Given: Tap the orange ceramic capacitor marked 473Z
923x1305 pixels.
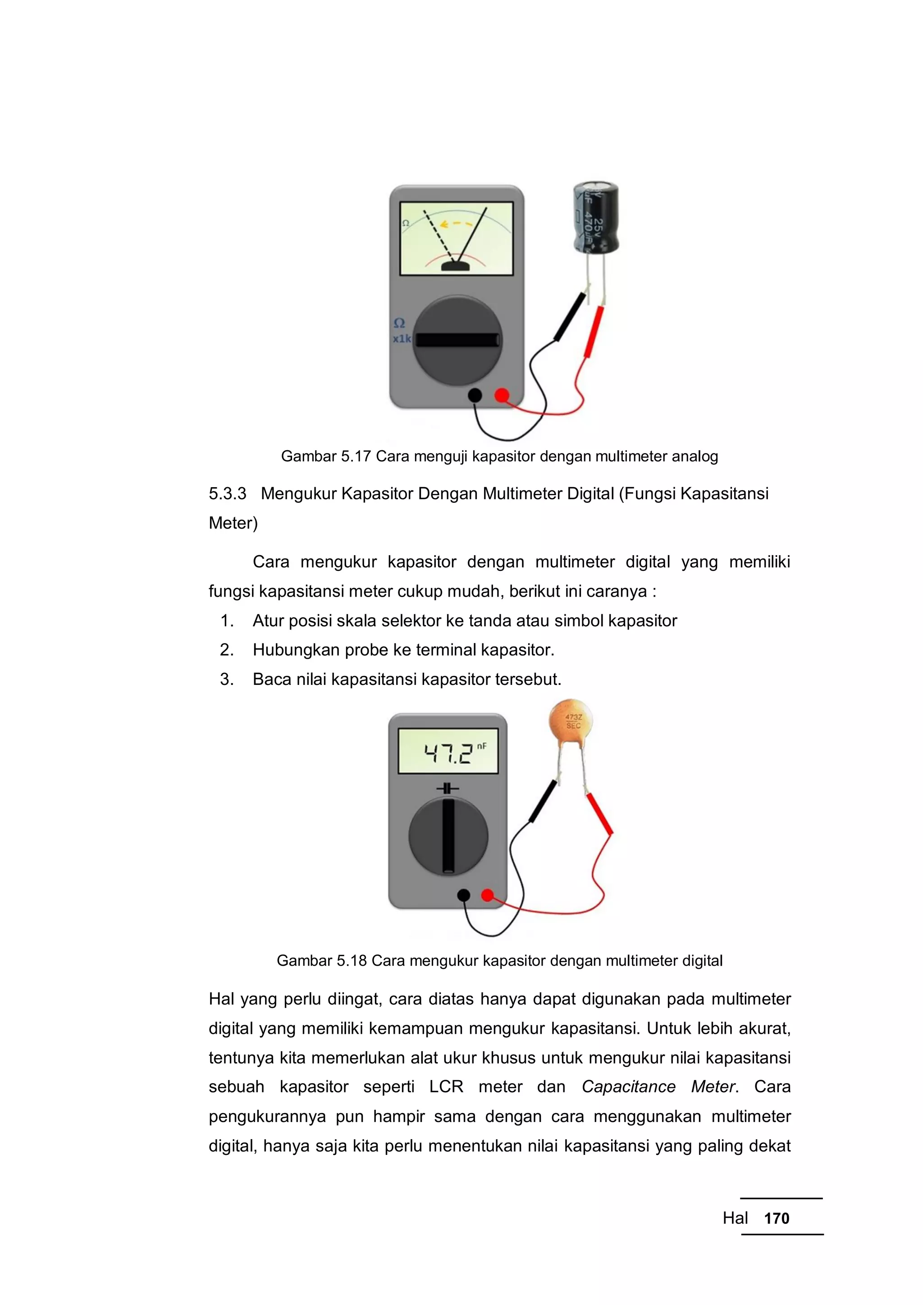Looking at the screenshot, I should click(x=571, y=722).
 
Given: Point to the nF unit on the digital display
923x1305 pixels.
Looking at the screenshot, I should click(x=482, y=746).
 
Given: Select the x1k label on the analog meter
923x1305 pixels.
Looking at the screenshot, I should click(x=401, y=339).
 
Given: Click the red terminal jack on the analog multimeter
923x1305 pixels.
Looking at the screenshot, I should click(x=501, y=395).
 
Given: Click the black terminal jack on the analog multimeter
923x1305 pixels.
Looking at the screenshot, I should click(x=475, y=395).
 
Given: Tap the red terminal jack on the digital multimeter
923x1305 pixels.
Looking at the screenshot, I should click(x=487, y=895).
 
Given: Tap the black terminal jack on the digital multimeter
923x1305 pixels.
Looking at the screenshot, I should click(x=464, y=895).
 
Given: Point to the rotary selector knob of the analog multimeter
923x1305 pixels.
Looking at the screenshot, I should click(x=457, y=340).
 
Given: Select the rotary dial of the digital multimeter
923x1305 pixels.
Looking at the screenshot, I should click(x=448, y=836).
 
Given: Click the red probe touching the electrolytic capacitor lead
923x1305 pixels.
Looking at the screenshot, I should click(x=594, y=332).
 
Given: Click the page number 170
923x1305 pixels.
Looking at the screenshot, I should click(x=777, y=1218).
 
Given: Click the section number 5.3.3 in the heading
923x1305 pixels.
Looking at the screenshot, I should click(x=227, y=493).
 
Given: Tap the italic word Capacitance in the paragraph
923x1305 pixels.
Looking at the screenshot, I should click(x=628, y=1087).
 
